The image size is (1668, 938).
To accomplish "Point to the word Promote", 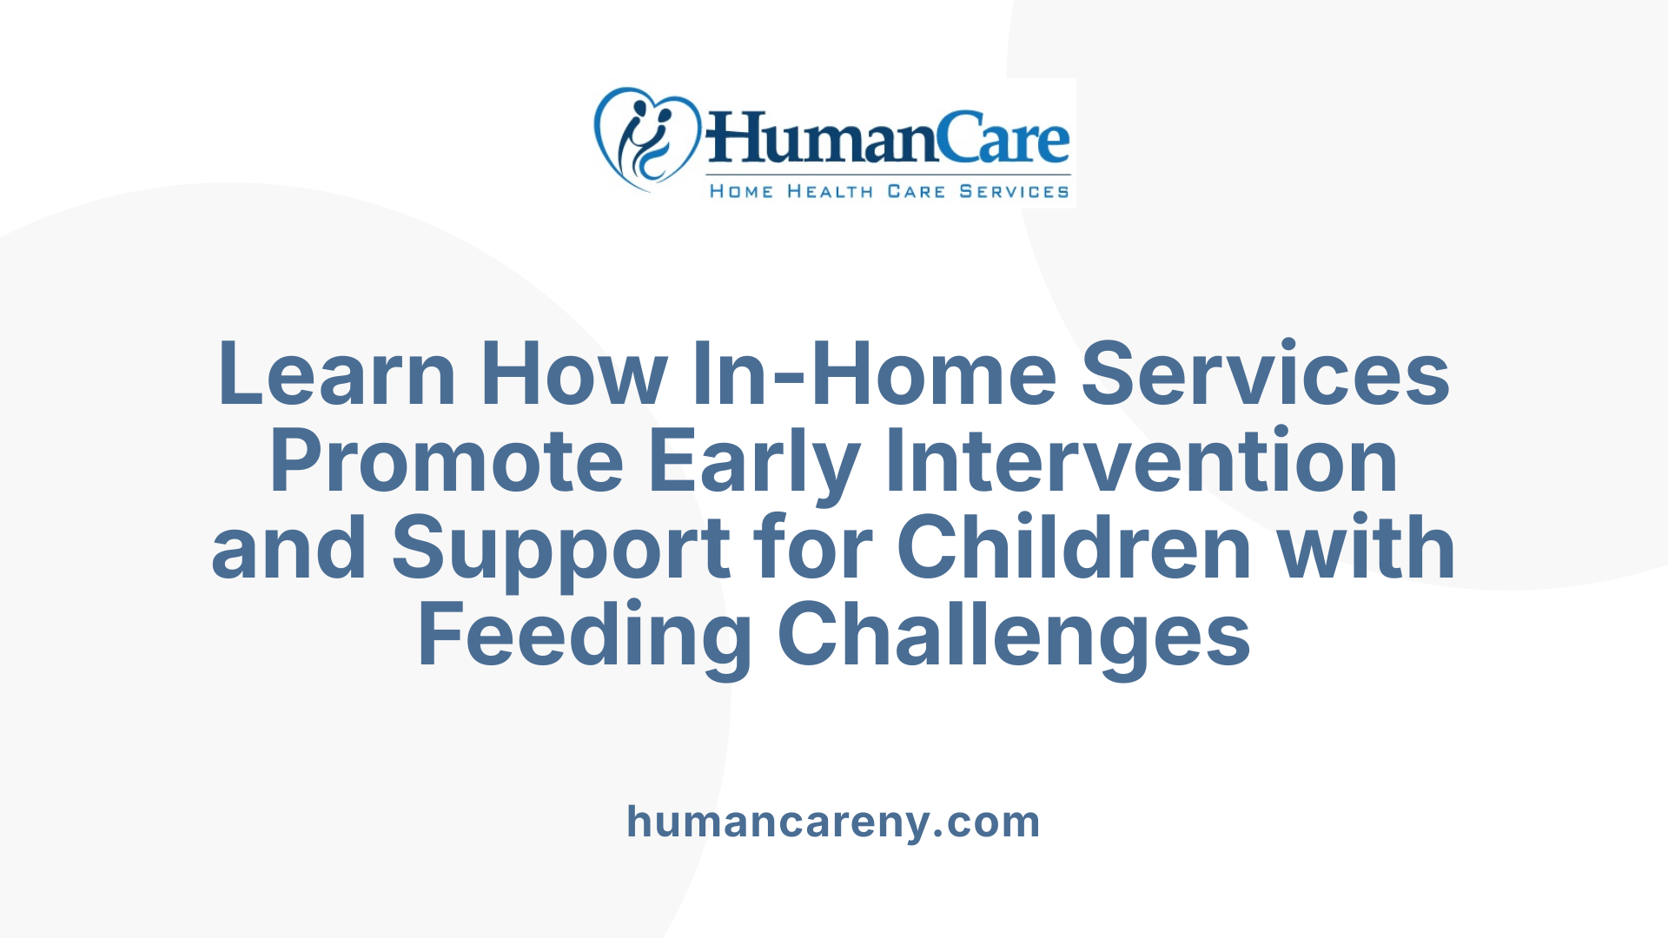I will [x=447, y=461].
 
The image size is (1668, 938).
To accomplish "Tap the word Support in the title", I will [x=561, y=548].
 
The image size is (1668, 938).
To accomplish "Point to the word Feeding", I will [x=585, y=636].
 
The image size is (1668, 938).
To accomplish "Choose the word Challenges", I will [x=1014, y=636].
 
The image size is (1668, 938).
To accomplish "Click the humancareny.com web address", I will [x=833, y=822].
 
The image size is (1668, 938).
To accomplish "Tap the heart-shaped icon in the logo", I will [x=646, y=139].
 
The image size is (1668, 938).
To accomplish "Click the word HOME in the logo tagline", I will [x=741, y=191].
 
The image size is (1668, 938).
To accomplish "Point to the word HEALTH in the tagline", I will [x=830, y=191].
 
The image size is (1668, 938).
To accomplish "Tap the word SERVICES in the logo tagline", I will [x=1014, y=191].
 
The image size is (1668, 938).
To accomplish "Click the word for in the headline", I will [x=813, y=548].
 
